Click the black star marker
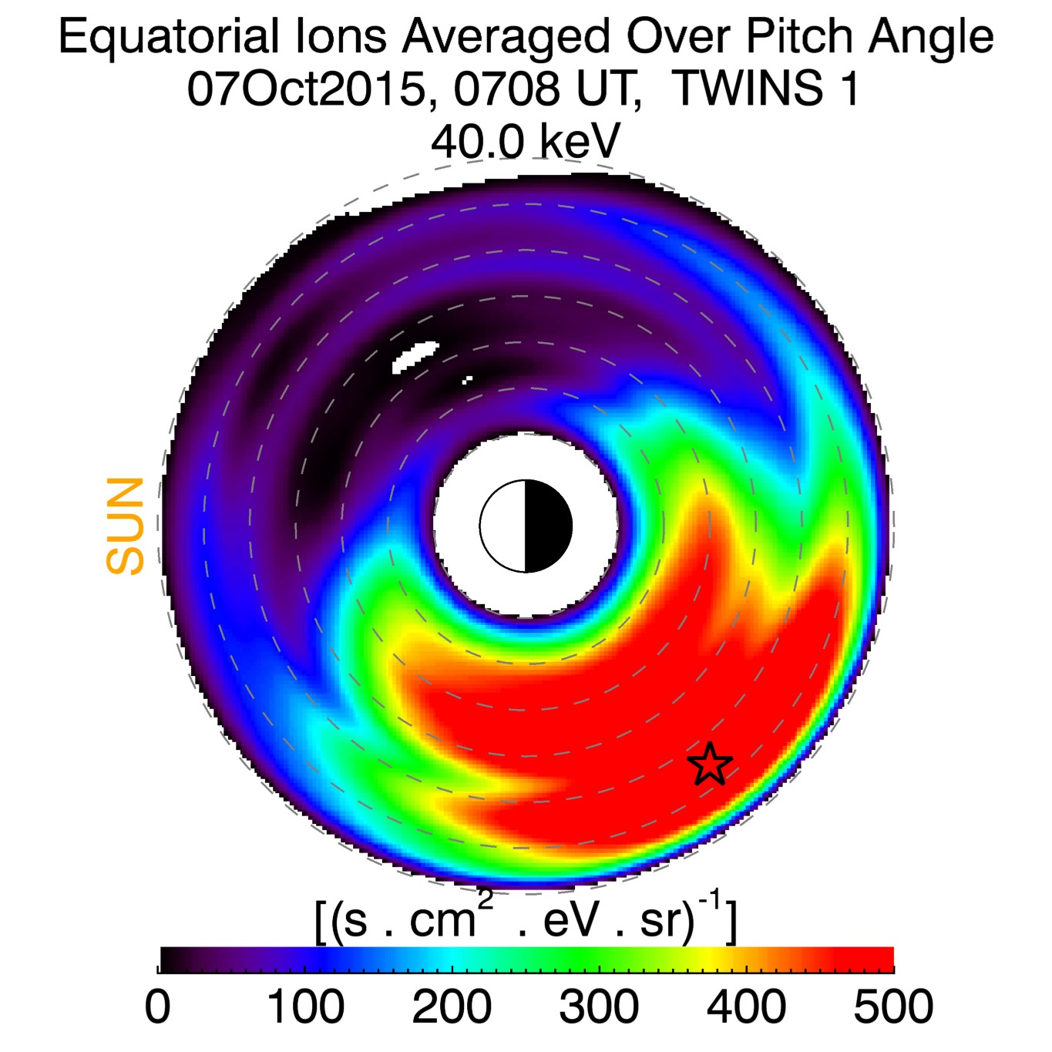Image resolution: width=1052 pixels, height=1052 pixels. tap(709, 764)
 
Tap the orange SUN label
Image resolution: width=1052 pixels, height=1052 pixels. tap(126, 526)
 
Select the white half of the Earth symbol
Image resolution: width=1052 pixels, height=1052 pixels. tap(503, 526)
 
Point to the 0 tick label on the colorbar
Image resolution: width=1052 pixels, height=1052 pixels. tap(158, 1007)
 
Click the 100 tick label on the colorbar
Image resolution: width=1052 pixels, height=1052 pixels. tap(305, 1007)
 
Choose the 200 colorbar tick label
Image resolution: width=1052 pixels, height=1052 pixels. tap(452, 1007)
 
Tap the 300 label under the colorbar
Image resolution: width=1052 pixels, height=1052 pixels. tap(599, 1007)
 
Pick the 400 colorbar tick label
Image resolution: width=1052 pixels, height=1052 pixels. tap(746, 1007)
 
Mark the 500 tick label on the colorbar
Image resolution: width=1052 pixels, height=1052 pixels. tap(893, 1007)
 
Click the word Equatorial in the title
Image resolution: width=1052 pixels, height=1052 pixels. tap(169, 37)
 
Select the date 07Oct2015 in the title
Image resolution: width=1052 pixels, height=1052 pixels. tap(307, 89)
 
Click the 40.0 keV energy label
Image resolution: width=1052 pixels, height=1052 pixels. tap(525, 141)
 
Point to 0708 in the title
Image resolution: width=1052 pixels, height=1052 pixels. tap(506, 89)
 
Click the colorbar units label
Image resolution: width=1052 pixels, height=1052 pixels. tap(526, 919)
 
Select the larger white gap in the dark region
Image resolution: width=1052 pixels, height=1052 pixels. tap(415, 355)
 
